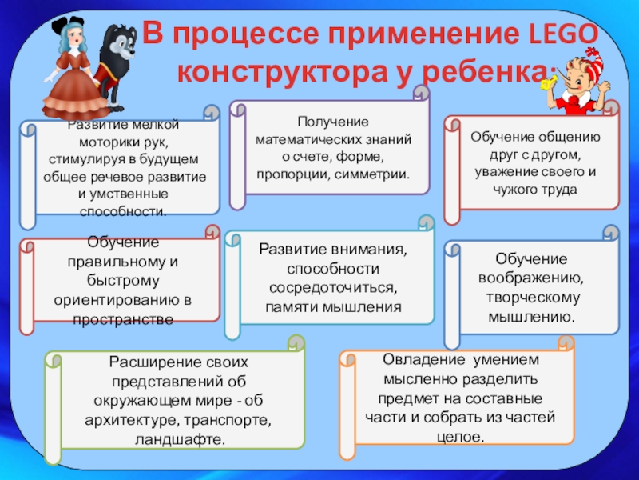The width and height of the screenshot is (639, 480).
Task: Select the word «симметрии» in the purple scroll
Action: point(370,174)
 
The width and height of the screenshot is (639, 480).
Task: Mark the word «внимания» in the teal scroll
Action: point(370,249)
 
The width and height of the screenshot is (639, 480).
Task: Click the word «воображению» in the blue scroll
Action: point(531,278)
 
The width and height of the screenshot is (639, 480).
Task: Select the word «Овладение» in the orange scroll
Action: point(416,361)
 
